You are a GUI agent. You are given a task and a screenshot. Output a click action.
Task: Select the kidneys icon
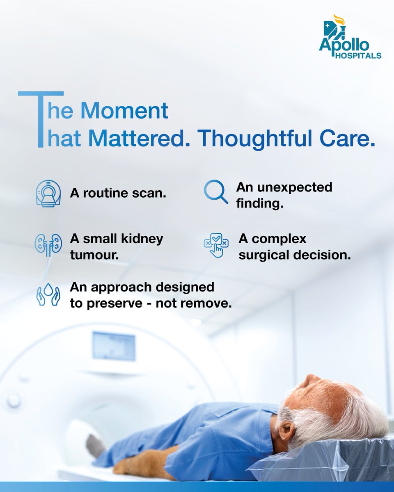pos(46,245)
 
